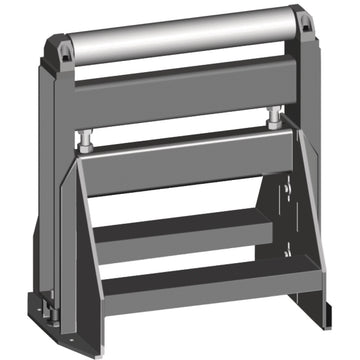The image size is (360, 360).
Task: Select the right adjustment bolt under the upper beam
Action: click(x=271, y=119)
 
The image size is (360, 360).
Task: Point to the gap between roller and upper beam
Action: click(x=180, y=71)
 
